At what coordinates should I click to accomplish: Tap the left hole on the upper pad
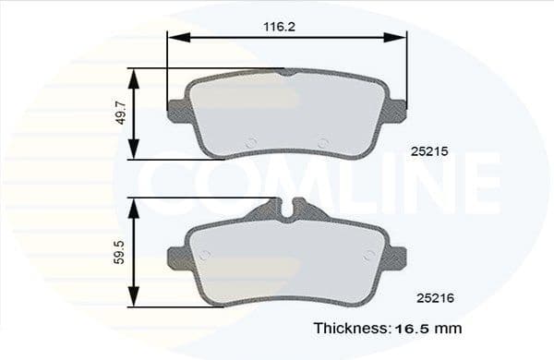point(252,142)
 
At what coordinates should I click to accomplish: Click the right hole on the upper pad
point(322,142)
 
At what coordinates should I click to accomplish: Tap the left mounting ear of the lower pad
point(176,256)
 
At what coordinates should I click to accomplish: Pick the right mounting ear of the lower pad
point(398,256)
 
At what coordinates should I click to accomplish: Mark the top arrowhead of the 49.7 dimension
point(135,73)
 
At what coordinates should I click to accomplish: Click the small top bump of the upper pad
point(287,71)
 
